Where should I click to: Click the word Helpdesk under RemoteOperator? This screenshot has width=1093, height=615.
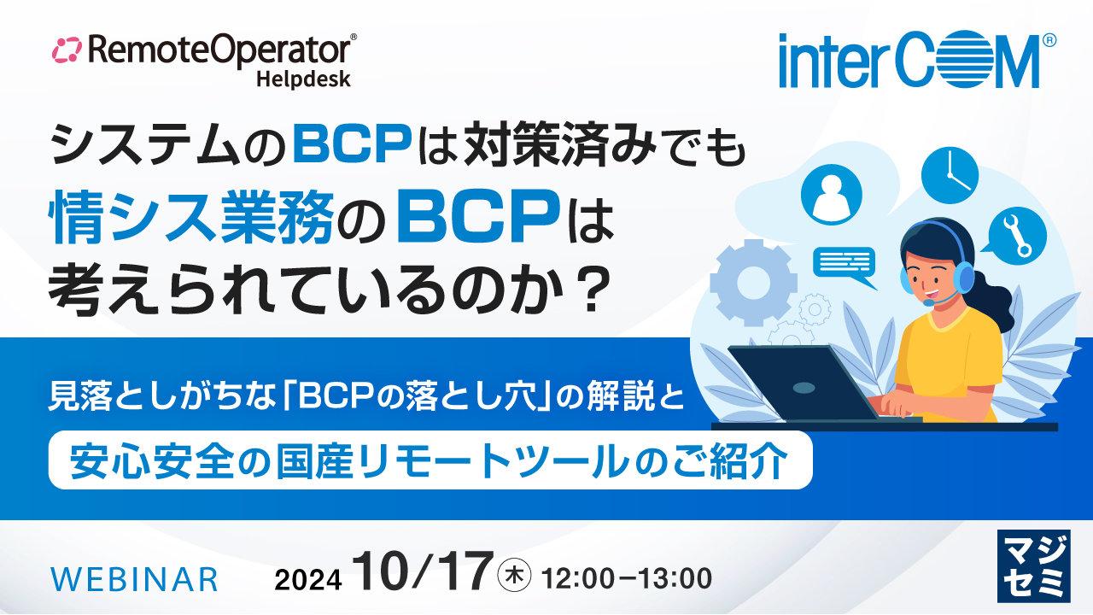[303, 79]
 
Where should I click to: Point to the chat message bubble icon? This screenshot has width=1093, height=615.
[845, 265]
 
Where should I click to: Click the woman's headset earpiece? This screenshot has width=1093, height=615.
[963, 276]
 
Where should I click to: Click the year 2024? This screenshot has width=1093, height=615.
[308, 579]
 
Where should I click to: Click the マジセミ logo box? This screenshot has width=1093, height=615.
[1033, 565]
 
